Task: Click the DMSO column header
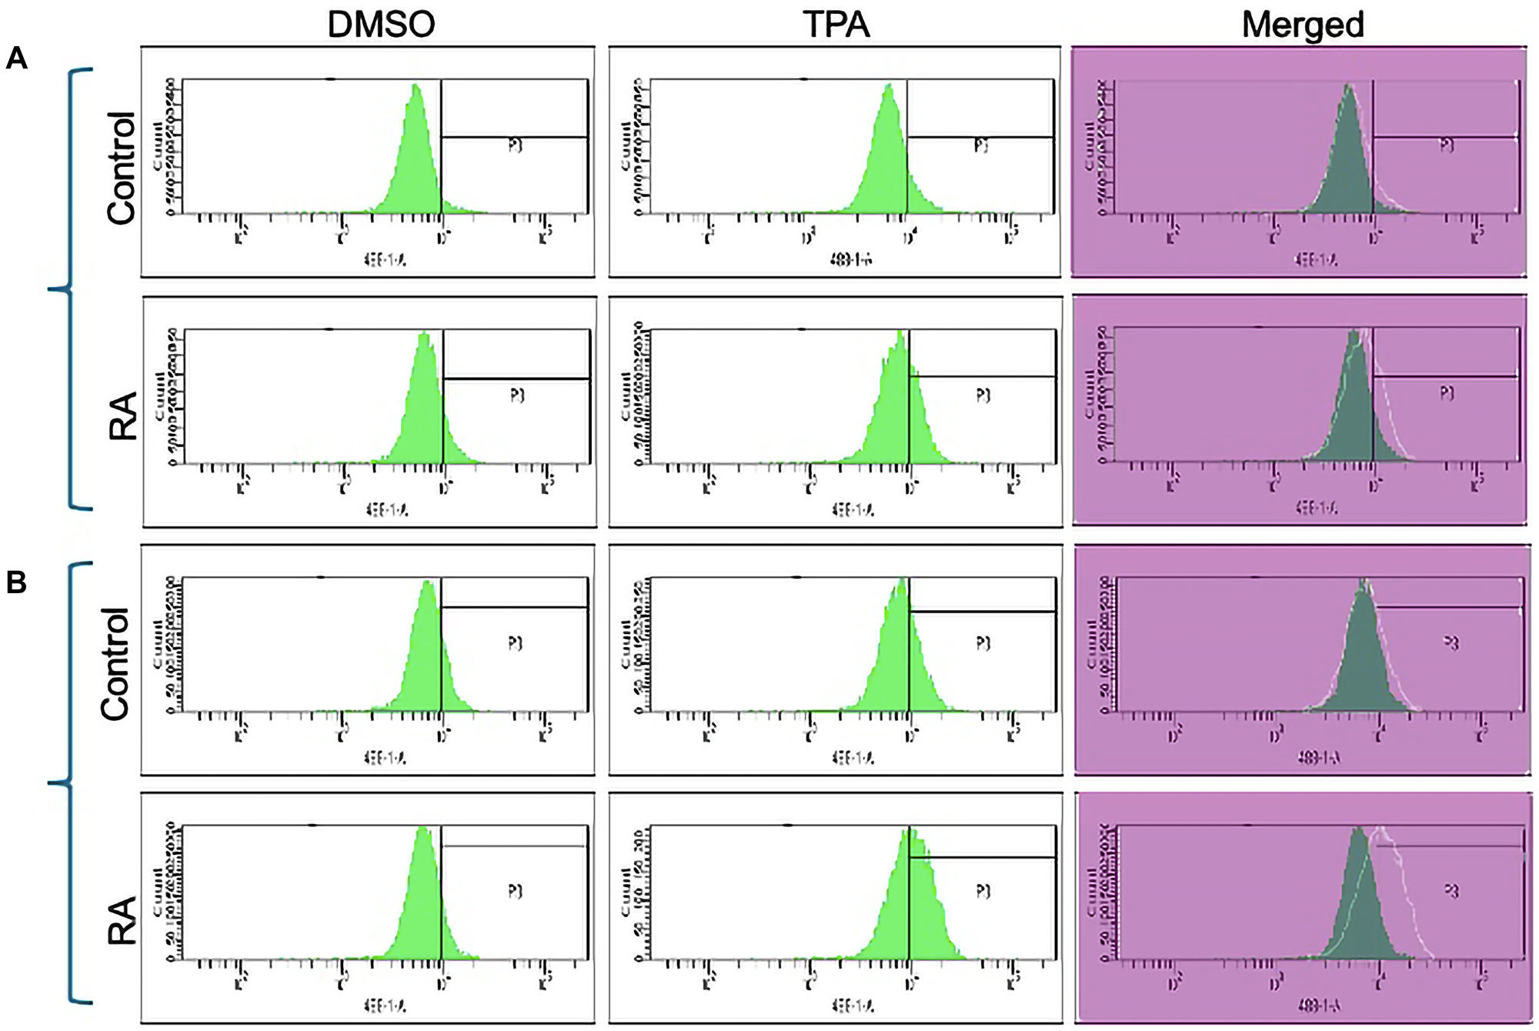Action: [381, 24]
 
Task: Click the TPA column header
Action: [836, 24]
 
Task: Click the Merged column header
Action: [1303, 24]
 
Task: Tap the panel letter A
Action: [16, 58]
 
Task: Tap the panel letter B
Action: [16, 582]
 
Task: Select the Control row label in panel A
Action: [122, 168]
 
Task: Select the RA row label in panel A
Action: [123, 415]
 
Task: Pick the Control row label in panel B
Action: [115, 664]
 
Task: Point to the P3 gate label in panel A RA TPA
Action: [983, 395]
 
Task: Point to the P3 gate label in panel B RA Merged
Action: [1451, 891]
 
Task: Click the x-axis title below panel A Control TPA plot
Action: [850, 260]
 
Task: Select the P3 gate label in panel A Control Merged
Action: [1447, 145]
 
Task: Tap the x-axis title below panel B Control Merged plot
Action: [1318, 759]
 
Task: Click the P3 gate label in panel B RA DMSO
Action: [516, 891]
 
